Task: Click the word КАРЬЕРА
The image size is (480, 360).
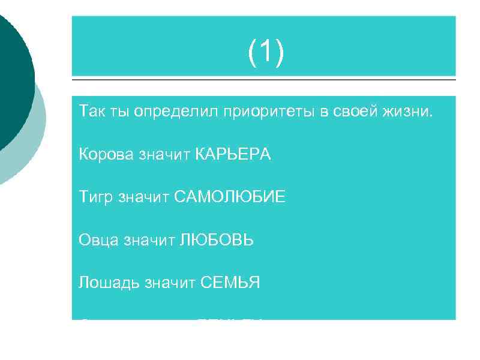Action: (x=233, y=155)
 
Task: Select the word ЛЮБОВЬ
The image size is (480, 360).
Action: (x=215, y=240)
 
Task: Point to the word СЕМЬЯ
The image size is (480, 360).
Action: (x=230, y=283)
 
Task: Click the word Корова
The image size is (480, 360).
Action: (x=106, y=155)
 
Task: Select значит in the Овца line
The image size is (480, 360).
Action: (x=147, y=240)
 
